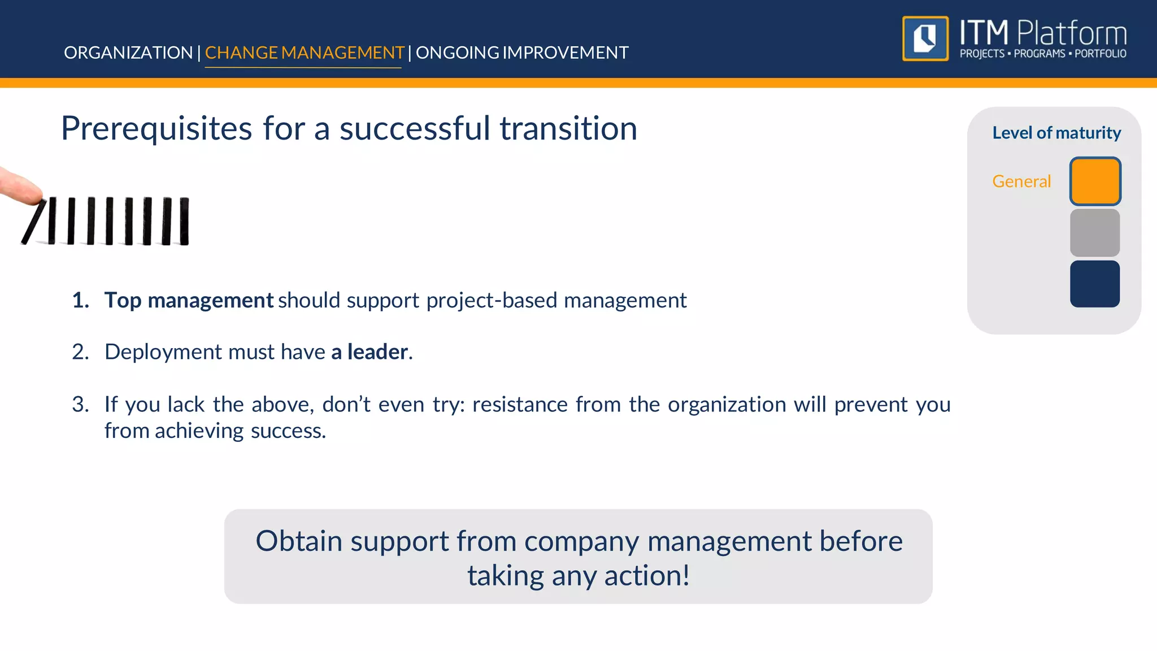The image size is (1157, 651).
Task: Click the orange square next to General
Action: pyautogui.click(x=1095, y=181)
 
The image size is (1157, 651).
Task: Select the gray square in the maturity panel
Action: pyautogui.click(x=1095, y=233)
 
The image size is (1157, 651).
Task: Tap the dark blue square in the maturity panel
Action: pyautogui.click(x=1095, y=284)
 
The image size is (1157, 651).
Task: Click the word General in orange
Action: pyautogui.click(x=1021, y=181)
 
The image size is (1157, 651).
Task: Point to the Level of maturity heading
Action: pyautogui.click(x=1056, y=133)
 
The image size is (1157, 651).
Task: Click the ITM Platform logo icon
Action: pyautogui.click(x=925, y=38)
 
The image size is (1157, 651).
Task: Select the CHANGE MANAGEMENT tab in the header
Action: pyautogui.click(x=304, y=53)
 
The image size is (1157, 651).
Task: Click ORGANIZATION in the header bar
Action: pyautogui.click(x=128, y=53)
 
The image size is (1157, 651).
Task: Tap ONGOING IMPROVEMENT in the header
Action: pyautogui.click(x=522, y=53)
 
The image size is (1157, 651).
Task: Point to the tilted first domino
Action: pyautogui.click(x=33, y=222)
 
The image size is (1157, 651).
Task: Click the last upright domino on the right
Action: pyautogui.click(x=184, y=221)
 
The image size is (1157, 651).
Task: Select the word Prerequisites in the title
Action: pyautogui.click(x=156, y=129)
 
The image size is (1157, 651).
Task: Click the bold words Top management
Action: pyautogui.click(x=189, y=300)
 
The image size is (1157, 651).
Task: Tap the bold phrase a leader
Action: pyautogui.click(x=369, y=352)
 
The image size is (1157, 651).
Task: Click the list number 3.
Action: pyautogui.click(x=80, y=405)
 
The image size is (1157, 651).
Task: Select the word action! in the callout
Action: pyautogui.click(x=647, y=576)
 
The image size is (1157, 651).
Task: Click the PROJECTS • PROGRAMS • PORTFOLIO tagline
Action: pyautogui.click(x=1043, y=54)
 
